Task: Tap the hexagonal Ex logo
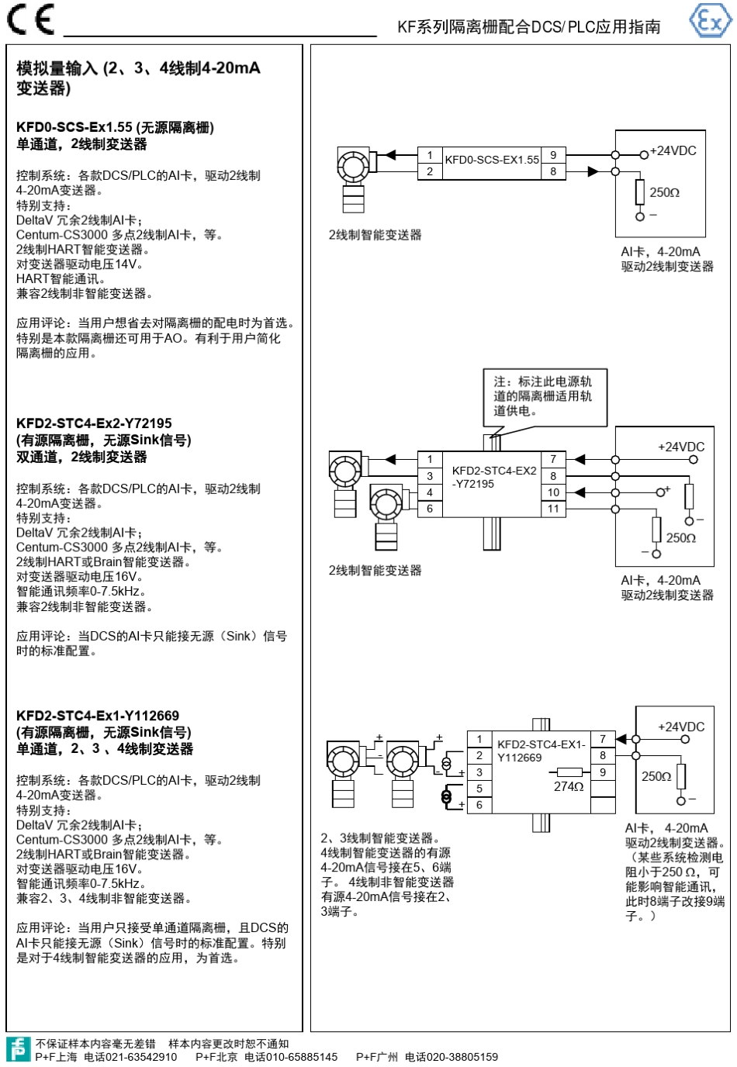point(711,20)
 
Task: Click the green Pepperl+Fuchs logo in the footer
point(19,1049)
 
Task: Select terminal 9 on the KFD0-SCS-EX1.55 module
point(553,155)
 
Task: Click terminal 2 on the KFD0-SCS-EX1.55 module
point(430,171)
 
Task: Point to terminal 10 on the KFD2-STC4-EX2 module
point(553,492)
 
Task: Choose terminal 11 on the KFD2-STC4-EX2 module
point(553,509)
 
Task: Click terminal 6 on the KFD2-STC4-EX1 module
point(479,805)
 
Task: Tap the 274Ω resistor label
point(569,787)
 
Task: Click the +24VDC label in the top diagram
point(673,150)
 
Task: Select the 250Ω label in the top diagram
point(665,192)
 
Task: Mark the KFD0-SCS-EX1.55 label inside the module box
point(492,160)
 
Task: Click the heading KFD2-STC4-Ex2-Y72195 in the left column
point(94,423)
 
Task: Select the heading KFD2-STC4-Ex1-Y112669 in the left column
point(98,716)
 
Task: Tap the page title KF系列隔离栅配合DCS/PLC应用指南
point(529,26)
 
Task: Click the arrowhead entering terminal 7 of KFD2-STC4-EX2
point(580,459)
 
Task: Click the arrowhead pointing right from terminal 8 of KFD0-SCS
point(593,171)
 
